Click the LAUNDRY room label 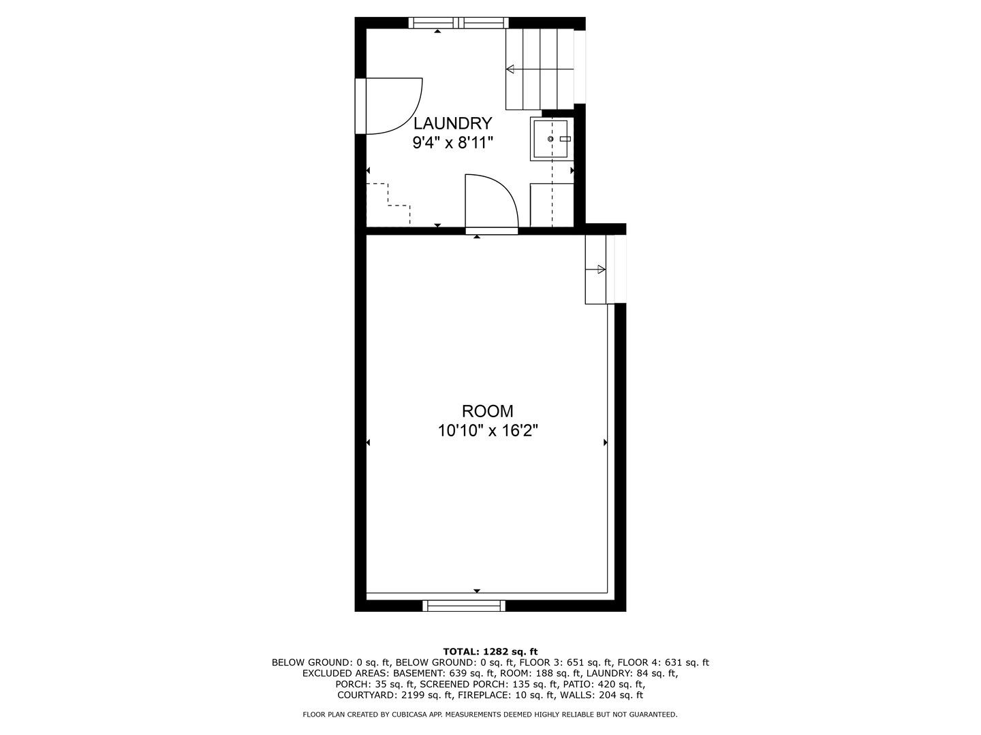coord(452,122)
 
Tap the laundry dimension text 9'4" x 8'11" coord(452,143)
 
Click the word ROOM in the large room coord(488,410)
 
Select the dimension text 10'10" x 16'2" coord(488,431)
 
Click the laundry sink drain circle coord(550,139)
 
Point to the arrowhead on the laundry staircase coord(510,69)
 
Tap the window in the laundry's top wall coord(458,22)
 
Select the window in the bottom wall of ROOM coord(464,606)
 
